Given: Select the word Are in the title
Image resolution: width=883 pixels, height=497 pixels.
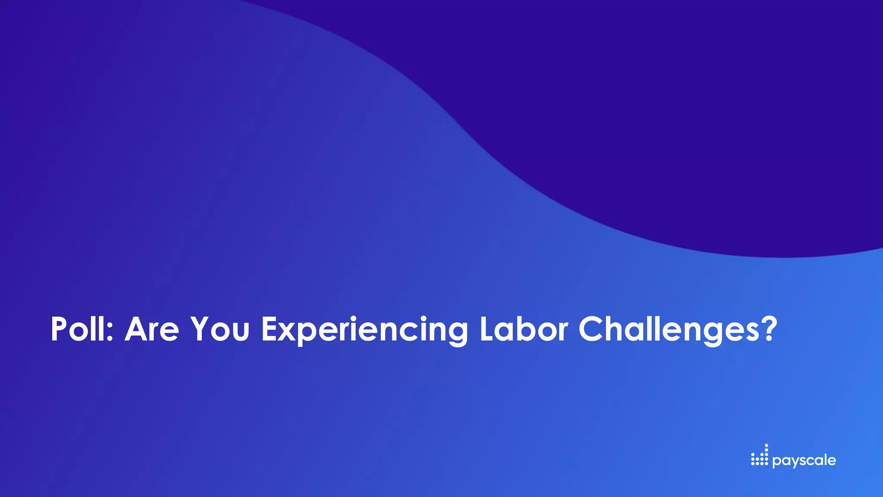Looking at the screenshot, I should pyautogui.click(x=152, y=329).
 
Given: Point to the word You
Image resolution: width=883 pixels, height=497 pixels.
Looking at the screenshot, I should pyautogui.click(x=220, y=329).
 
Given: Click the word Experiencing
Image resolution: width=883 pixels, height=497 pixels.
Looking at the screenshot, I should pyautogui.click(x=364, y=330).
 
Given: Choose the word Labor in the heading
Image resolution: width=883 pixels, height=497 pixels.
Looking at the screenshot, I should pyautogui.click(x=523, y=329).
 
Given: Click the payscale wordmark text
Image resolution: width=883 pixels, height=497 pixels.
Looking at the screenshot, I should pyautogui.click(x=804, y=461).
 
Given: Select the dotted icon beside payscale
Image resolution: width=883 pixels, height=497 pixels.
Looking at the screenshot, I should pyautogui.click(x=760, y=456).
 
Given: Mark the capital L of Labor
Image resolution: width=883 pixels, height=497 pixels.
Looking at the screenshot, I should pyautogui.click(x=487, y=329).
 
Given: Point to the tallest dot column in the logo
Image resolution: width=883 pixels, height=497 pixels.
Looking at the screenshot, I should pyautogui.click(x=766, y=455).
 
